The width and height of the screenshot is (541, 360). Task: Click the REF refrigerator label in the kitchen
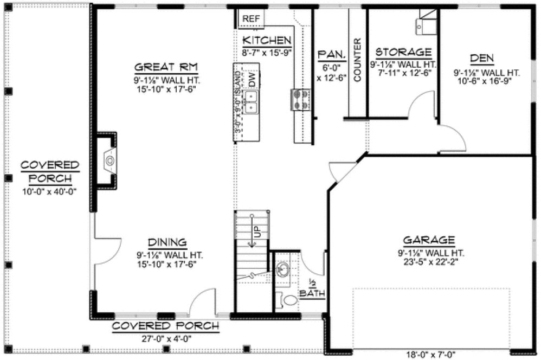click(251, 18)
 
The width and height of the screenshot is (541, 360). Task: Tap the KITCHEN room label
click(267, 41)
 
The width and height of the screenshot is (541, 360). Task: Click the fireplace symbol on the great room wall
click(110, 160)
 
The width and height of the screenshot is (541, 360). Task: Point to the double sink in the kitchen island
click(251, 101)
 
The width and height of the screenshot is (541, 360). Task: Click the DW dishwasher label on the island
click(252, 79)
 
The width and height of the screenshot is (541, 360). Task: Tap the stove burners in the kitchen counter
click(301, 99)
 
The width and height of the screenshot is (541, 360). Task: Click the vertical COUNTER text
click(357, 60)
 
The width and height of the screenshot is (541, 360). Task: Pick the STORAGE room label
click(403, 52)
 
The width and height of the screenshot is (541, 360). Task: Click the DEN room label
click(481, 57)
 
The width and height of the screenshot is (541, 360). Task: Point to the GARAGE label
click(428, 240)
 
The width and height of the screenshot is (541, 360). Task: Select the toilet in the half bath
click(288, 299)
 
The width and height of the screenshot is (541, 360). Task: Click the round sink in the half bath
click(282, 269)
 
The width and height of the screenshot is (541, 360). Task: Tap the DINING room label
click(168, 242)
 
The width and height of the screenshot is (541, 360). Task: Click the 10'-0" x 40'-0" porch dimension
click(50, 191)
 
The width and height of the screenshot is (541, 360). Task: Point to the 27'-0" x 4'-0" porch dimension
click(165, 337)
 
